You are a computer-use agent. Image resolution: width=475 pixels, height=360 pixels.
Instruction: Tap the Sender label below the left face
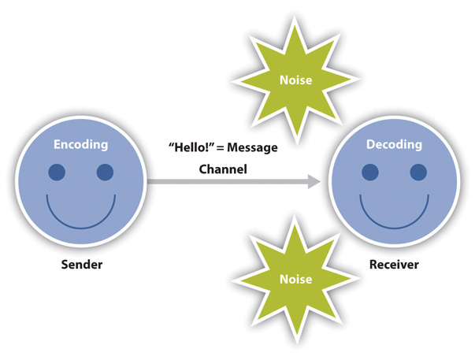(82, 265)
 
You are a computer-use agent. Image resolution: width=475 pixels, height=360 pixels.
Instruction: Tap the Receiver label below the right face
(394, 265)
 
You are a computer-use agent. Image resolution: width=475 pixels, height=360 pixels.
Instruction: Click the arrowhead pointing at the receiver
(313, 183)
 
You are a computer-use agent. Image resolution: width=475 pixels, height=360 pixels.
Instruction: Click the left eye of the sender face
(58, 172)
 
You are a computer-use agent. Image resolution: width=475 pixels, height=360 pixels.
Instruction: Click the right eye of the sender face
(105, 172)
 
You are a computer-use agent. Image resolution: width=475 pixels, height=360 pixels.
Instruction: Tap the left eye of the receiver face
(369, 172)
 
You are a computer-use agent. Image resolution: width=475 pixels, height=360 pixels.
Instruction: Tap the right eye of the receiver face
(417, 172)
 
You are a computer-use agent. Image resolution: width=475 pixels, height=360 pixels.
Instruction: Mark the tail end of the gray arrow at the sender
(150, 183)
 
